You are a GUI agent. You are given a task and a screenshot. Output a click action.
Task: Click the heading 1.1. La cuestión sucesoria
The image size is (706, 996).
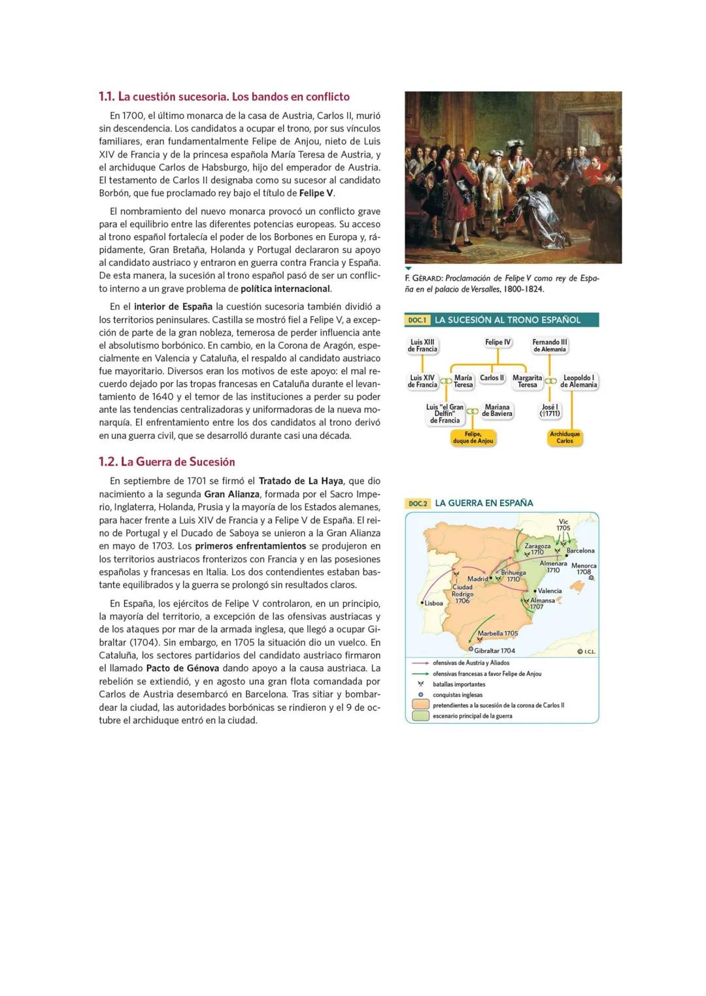click(224, 97)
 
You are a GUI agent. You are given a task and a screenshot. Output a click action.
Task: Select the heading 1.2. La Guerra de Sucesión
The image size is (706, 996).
click(166, 462)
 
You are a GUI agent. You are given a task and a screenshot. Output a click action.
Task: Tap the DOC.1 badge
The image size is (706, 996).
click(417, 320)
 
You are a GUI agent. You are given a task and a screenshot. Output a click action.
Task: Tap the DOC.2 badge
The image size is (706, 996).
click(418, 504)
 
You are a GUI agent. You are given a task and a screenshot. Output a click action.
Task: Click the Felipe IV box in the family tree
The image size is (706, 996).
click(497, 342)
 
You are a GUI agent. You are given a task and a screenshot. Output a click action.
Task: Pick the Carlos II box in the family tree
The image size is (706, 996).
click(492, 378)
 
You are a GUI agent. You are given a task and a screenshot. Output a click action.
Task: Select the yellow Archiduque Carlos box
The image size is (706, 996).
click(565, 438)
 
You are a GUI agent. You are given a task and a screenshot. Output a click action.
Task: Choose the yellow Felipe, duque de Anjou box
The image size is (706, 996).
click(473, 438)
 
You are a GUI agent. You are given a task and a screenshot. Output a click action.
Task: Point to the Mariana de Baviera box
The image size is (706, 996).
click(497, 410)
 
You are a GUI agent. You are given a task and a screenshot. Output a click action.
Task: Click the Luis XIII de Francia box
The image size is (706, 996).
click(422, 345)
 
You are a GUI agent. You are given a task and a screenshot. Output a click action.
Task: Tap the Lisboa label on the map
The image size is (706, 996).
click(434, 603)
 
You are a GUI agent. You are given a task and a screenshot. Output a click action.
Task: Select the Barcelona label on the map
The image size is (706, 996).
click(580, 551)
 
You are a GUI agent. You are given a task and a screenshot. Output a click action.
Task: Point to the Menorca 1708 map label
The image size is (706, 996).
click(583, 568)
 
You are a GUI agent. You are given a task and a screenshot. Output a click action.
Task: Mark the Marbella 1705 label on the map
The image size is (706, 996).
click(497, 633)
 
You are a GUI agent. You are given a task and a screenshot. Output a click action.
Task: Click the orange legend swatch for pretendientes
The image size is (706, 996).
click(421, 705)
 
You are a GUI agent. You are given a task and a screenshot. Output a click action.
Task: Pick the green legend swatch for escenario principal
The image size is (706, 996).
click(421, 716)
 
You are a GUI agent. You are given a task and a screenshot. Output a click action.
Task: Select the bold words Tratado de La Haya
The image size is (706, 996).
click(301, 481)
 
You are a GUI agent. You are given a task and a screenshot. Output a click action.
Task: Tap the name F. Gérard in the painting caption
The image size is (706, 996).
click(423, 278)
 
